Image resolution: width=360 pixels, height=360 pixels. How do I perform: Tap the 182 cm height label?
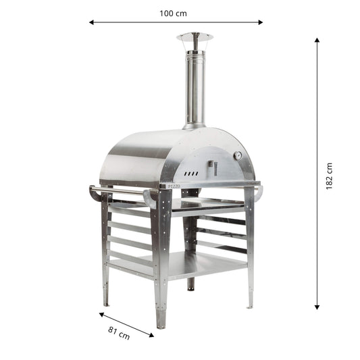(329, 176)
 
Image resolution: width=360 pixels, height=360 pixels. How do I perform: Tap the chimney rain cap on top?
(195, 37)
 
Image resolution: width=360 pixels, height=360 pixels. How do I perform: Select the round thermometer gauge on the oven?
(238, 156)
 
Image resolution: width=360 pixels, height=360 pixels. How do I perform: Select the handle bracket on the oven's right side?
(259, 193)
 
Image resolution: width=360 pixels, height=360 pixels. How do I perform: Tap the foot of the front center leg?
(161, 323)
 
